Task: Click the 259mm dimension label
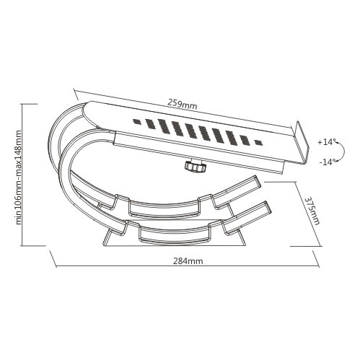point(182,104)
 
